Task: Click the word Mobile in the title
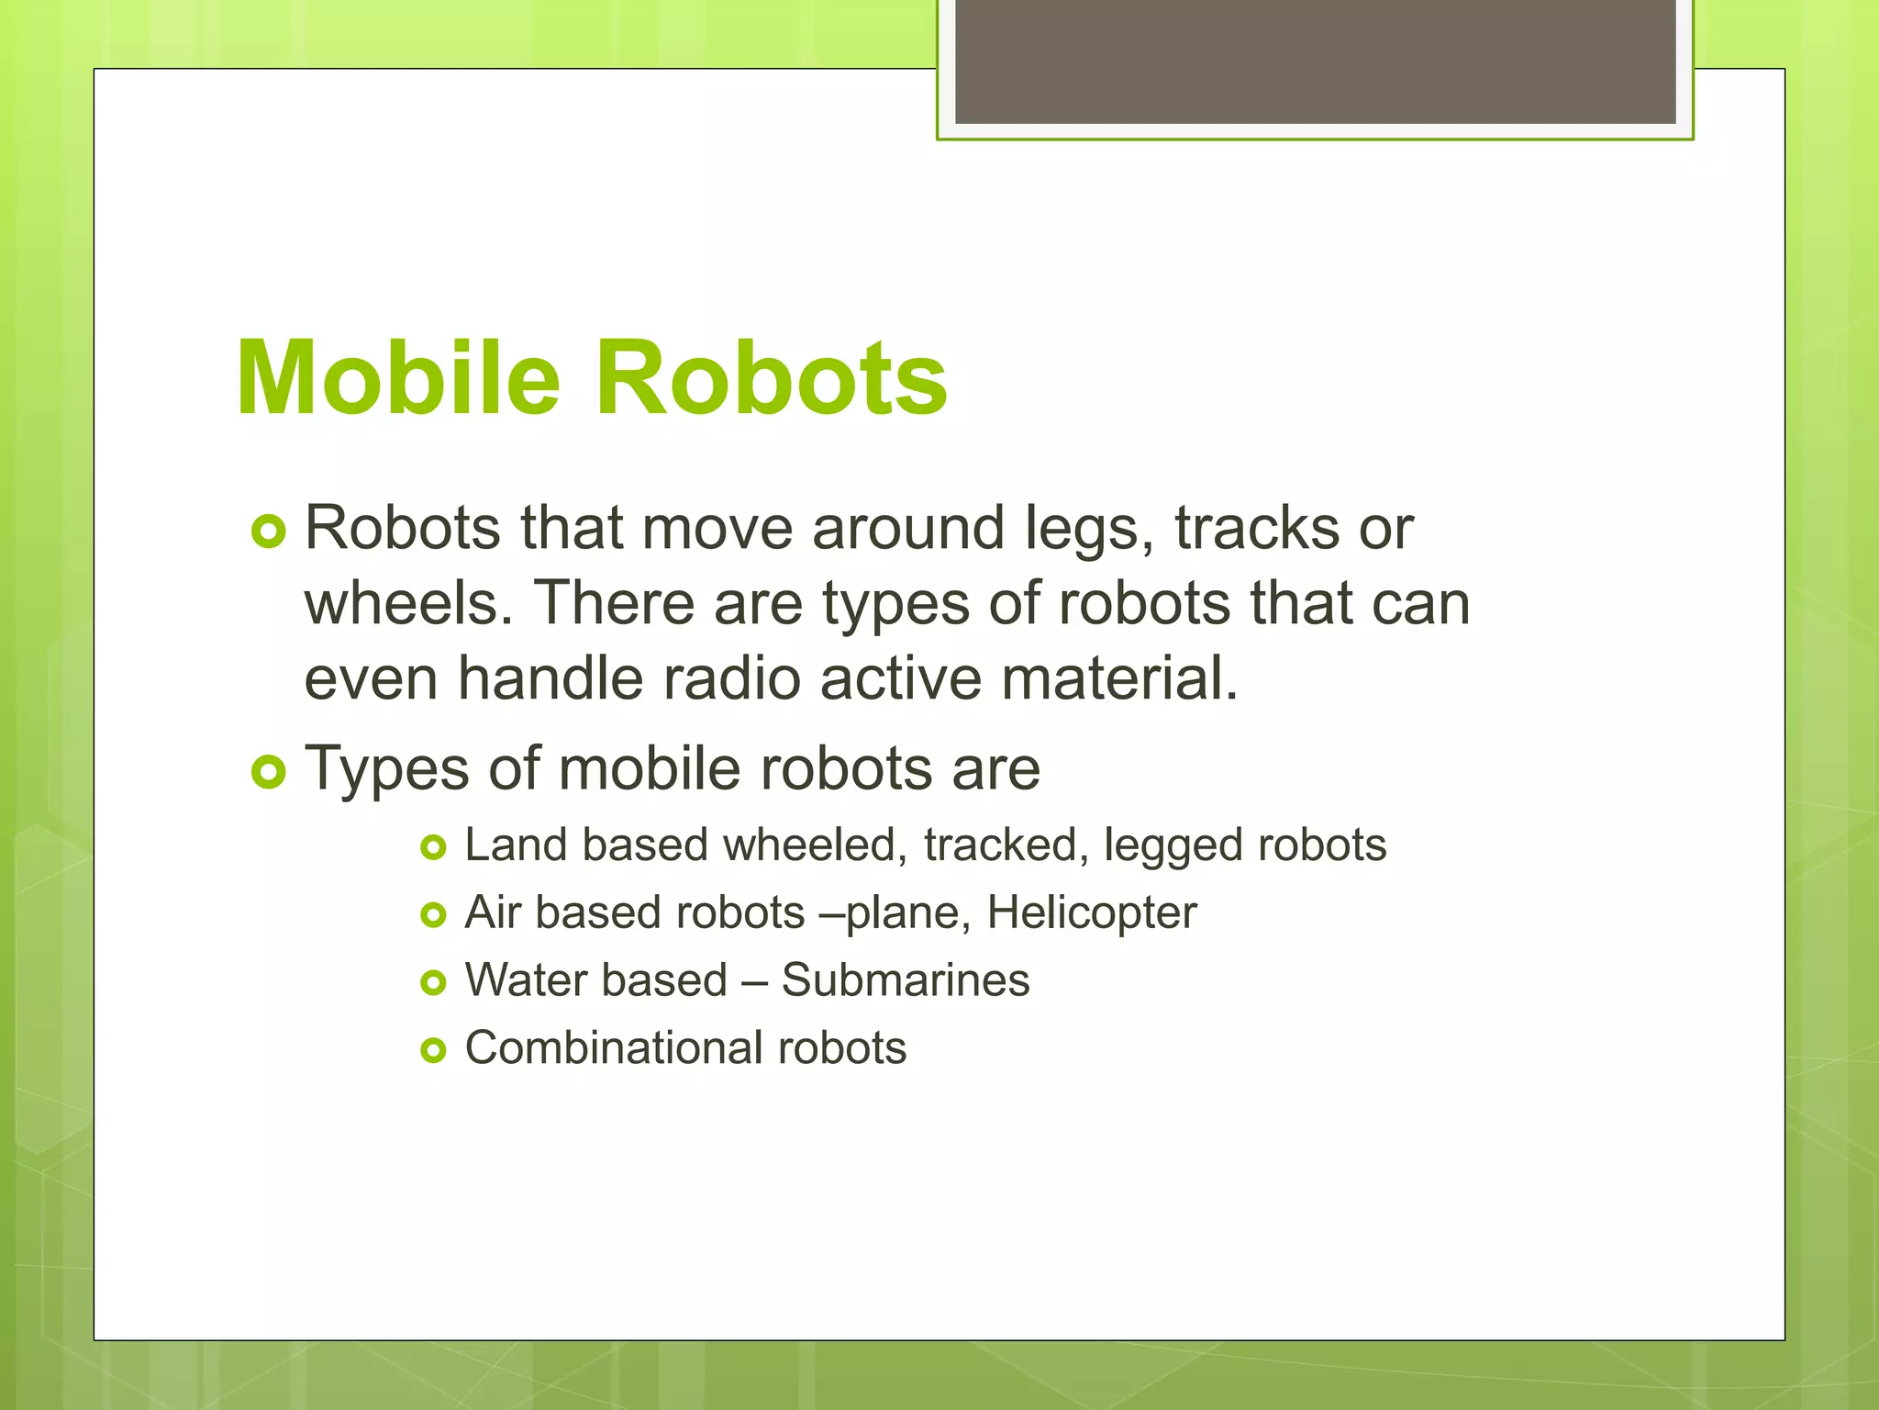click(x=397, y=378)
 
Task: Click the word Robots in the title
click(x=772, y=378)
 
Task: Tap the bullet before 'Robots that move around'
click(x=268, y=532)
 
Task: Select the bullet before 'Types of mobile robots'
click(x=268, y=772)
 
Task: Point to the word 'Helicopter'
click(x=1092, y=913)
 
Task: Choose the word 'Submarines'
click(x=906, y=980)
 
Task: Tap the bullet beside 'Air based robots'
click(x=433, y=915)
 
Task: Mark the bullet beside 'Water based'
click(x=433, y=983)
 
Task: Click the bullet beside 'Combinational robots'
click(x=433, y=1050)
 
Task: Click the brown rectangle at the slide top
click(x=1315, y=62)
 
